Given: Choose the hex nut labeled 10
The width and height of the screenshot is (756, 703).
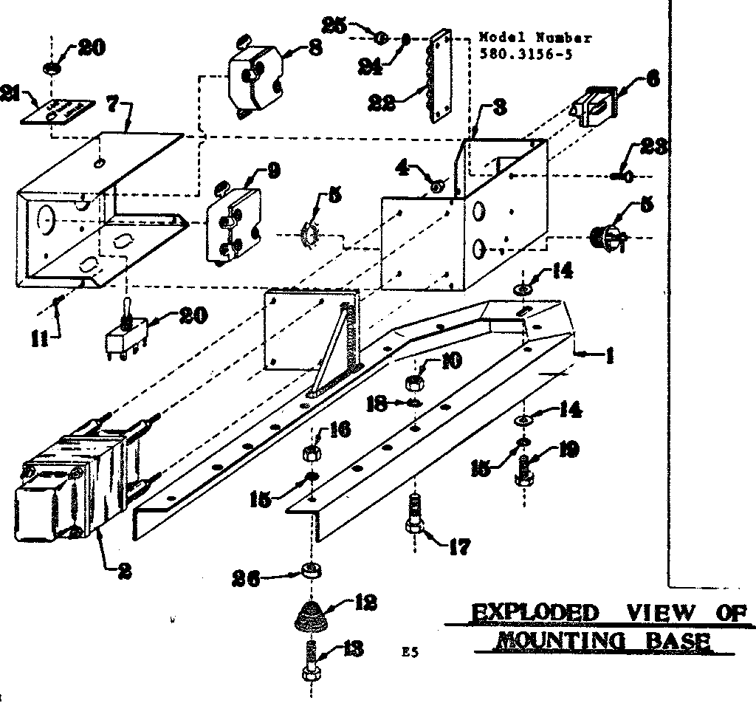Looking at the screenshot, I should click(x=414, y=382).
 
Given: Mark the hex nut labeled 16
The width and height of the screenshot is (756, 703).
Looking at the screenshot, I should click(x=310, y=451).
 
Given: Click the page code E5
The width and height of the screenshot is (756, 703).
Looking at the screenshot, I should click(x=408, y=652).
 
